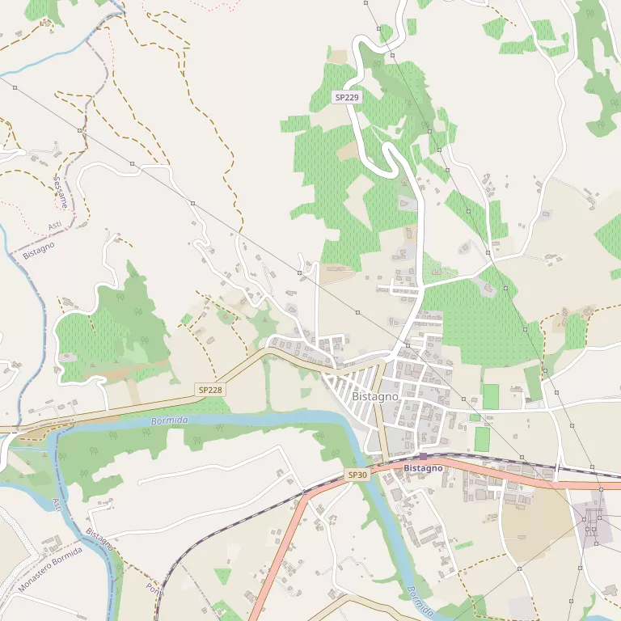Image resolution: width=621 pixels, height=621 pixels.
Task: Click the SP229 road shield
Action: [346, 97]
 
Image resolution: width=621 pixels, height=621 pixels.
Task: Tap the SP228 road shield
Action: [209, 390]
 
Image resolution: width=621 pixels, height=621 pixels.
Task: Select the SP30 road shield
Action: [357, 475]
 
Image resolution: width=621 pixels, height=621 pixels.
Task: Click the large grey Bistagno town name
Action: [375, 397]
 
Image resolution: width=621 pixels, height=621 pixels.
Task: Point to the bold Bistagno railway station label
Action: [423, 468]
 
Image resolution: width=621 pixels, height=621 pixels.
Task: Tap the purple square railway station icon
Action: [423, 457]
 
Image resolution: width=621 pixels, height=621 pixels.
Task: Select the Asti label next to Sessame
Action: [55, 224]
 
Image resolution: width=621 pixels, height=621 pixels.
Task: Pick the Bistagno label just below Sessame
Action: [39, 249]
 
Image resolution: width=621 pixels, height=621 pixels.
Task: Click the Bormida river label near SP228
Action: [169, 421]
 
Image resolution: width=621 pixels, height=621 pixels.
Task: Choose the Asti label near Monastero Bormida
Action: [57, 505]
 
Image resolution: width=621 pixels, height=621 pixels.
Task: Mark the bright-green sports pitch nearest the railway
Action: [482, 439]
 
